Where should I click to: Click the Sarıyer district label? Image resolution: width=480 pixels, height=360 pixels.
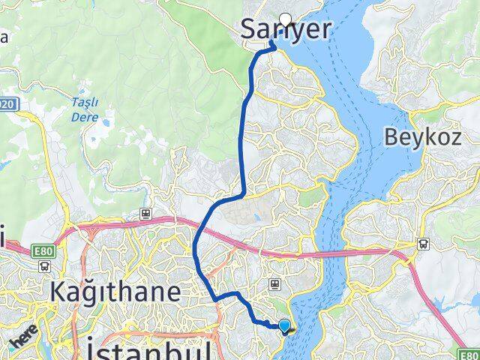(285, 29)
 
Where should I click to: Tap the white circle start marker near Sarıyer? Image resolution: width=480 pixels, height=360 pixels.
(285, 20)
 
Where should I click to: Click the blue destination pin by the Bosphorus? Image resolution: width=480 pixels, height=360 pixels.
(285, 325)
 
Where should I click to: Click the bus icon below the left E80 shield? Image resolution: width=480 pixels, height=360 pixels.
(46, 265)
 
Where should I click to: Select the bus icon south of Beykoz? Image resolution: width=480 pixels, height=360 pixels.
(424, 243)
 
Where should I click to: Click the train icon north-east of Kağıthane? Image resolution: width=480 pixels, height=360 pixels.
(147, 214)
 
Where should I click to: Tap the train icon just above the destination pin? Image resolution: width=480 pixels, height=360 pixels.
(275, 284)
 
